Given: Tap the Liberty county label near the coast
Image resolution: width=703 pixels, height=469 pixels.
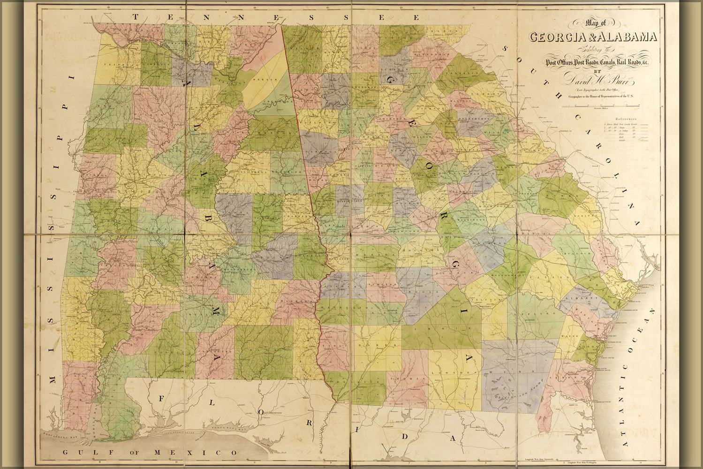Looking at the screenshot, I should (x=577, y=298).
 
